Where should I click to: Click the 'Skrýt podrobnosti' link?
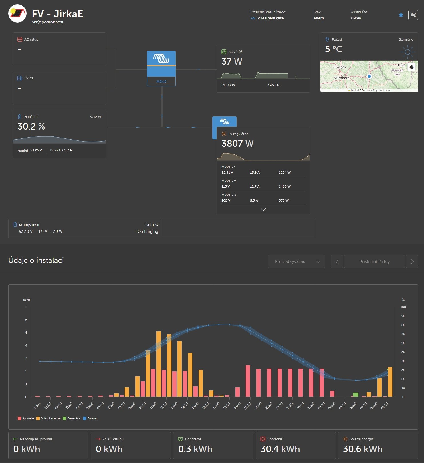(x=48, y=22)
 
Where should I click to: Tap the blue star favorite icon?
(x=401, y=15)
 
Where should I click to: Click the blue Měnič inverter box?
(x=161, y=68)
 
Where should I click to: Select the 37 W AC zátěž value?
(x=232, y=61)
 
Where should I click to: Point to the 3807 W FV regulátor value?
(x=237, y=144)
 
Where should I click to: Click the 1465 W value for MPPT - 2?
(x=285, y=186)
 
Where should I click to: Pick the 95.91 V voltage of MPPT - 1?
(x=227, y=172)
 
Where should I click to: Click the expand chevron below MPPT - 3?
(x=263, y=210)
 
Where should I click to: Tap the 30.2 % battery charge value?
(x=31, y=126)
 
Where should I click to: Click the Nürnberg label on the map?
(x=342, y=78)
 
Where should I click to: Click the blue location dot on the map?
(x=369, y=76)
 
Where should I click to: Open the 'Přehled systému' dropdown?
(x=296, y=261)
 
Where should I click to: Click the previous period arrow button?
(x=337, y=261)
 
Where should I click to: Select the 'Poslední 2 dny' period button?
(x=375, y=261)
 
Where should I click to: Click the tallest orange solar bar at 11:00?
(x=158, y=364)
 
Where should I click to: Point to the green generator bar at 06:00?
(x=356, y=395)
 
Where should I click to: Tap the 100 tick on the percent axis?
(x=403, y=307)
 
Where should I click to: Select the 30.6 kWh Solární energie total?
(x=363, y=449)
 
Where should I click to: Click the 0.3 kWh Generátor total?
(x=195, y=449)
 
